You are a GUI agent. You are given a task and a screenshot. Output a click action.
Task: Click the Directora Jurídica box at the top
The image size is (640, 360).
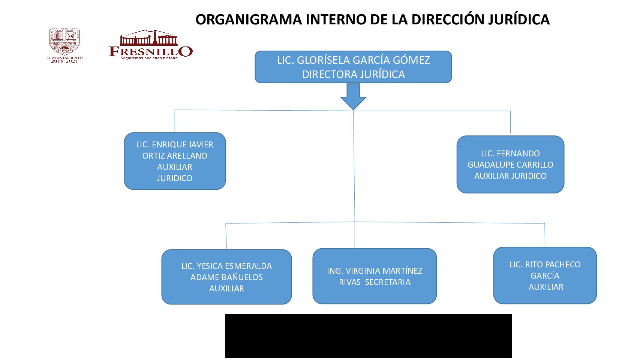[353, 67]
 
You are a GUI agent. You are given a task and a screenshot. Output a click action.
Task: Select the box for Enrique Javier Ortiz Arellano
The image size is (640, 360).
[175, 161]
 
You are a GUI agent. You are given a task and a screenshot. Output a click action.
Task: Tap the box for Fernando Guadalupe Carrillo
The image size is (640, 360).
[510, 165]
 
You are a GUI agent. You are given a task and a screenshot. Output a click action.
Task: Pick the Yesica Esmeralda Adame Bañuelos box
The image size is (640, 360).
[226, 277]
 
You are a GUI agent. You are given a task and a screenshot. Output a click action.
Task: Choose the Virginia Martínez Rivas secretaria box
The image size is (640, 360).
[375, 276]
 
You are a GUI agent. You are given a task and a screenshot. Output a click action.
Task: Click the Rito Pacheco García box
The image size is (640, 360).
[545, 276]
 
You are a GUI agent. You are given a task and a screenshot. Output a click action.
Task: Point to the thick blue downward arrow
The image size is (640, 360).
[353, 96]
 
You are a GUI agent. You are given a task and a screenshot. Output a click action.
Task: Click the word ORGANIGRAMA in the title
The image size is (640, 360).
[249, 19]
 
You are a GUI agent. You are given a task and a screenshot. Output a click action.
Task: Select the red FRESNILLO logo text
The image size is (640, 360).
[151, 51]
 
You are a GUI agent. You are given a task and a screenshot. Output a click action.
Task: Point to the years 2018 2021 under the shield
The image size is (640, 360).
[64, 61]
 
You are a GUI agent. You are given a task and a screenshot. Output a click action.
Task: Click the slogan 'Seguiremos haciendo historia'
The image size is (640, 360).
[149, 58]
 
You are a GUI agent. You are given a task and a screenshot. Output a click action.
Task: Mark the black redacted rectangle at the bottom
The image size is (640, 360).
[368, 336]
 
